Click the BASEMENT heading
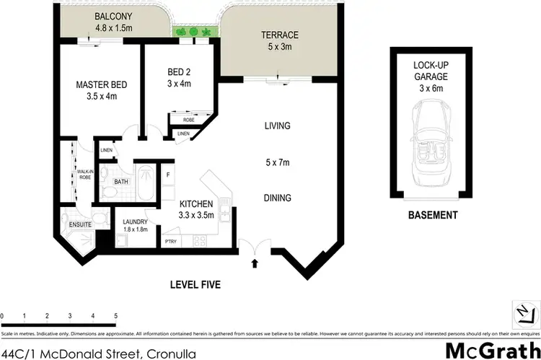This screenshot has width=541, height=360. (x=433, y=215)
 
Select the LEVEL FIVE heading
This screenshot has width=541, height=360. (x=195, y=285)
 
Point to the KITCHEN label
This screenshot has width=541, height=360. (x=196, y=204)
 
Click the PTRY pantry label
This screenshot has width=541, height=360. (x=171, y=242)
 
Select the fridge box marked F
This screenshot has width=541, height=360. (x=167, y=175)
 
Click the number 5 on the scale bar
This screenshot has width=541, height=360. (x=115, y=317)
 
